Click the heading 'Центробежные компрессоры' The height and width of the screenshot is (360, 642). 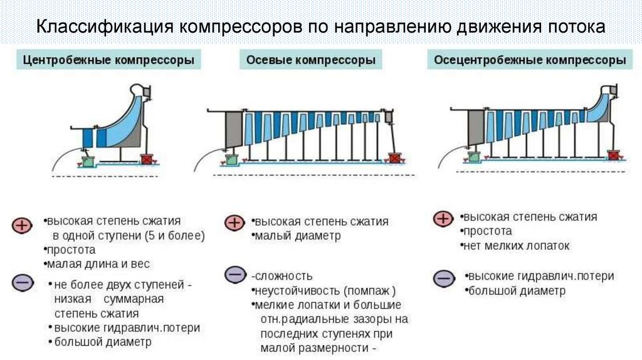pyautogui.click(x=108, y=61)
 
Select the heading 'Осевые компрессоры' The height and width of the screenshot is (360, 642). pyautogui.click(x=311, y=61)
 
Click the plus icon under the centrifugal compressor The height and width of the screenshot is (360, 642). pyautogui.click(x=21, y=225)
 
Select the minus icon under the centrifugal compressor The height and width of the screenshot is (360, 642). pyautogui.click(x=21, y=283)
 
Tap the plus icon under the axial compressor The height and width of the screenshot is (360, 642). pyautogui.click(x=234, y=223)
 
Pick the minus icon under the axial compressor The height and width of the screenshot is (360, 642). pyautogui.click(x=234, y=275)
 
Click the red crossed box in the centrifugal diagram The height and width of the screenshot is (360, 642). pyautogui.click(x=148, y=159)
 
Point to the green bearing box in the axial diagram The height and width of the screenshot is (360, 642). pyautogui.click(x=231, y=159)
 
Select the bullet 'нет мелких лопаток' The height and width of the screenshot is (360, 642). pyautogui.click(x=516, y=246)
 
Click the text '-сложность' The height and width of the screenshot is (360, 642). pyautogui.click(x=282, y=276)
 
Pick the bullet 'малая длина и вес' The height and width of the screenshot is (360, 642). pyautogui.click(x=98, y=264)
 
